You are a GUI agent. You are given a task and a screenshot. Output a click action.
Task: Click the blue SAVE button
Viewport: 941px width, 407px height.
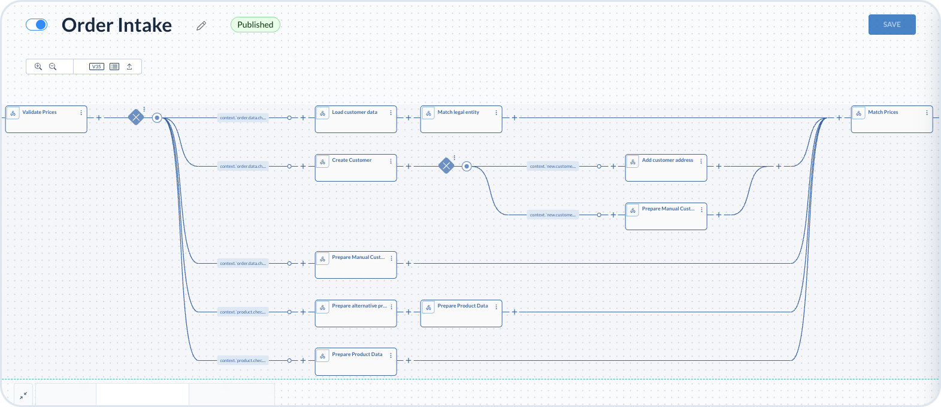[891, 25]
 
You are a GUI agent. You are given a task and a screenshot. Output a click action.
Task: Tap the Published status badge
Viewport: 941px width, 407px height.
[255, 25]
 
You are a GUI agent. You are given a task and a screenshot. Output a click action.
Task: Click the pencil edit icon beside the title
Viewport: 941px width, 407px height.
[201, 26]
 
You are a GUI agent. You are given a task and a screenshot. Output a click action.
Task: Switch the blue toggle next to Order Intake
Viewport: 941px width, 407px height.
[37, 25]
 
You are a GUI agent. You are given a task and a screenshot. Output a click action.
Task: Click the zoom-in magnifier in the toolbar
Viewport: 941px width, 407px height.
[38, 67]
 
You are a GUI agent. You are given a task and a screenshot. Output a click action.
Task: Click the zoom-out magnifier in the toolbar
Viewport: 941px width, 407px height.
[53, 67]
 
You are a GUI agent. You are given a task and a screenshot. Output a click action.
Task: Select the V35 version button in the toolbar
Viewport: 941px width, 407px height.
[96, 67]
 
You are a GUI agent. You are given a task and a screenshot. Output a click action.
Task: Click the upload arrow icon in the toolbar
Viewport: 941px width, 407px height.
[129, 67]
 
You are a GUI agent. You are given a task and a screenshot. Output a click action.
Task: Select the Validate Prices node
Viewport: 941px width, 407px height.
[46, 119]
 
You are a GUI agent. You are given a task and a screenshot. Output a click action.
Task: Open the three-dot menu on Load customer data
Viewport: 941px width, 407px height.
[391, 113]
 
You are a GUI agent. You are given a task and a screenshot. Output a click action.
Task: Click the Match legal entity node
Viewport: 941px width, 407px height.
[461, 119]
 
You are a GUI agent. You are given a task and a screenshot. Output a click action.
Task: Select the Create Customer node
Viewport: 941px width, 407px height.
[355, 167]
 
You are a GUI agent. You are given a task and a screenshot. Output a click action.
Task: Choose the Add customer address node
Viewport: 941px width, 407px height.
[665, 167]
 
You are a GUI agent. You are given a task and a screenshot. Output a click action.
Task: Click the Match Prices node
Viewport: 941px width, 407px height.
[891, 119]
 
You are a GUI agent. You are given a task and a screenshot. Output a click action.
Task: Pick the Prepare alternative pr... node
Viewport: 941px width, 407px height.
[355, 313]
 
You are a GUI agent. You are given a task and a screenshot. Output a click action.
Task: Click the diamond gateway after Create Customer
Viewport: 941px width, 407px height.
[446, 166]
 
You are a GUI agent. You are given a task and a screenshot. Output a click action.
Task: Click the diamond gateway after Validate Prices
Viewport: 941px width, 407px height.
[137, 117]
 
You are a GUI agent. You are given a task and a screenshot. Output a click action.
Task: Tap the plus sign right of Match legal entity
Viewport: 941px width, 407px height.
[515, 117]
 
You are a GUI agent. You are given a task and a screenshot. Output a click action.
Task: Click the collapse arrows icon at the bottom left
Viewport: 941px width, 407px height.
[23, 396]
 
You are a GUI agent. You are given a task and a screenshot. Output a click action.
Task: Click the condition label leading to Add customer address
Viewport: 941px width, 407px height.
[553, 166]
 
